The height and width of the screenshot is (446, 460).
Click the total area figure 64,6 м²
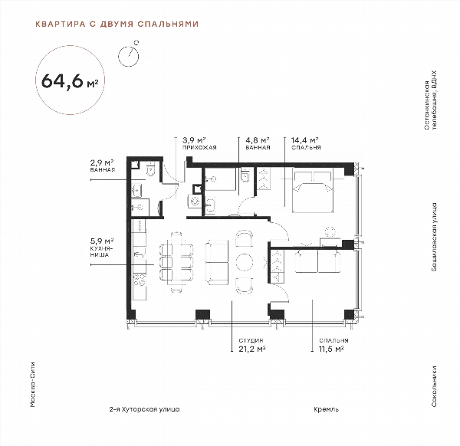click(70, 81)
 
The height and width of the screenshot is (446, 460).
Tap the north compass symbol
click(129, 55)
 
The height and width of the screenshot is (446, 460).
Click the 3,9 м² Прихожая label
click(199, 143)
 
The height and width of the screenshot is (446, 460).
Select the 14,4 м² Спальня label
click(306, 143)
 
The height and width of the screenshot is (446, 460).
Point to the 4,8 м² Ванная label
click(258, 143)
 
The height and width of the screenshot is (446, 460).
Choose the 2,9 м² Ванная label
click(102, 166)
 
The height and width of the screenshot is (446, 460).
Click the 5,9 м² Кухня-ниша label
click(102, 248)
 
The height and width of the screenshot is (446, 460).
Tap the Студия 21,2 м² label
click(252, 345)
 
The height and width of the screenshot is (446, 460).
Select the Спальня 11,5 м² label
click(333, 345)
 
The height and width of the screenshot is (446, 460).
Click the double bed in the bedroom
click(313, 191)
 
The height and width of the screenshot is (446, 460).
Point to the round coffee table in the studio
click(245, 262)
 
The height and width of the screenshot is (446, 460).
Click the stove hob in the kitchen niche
click(140, 280)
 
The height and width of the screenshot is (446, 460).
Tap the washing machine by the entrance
click(195, 202)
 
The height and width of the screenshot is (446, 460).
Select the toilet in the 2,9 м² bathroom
click(151, 170)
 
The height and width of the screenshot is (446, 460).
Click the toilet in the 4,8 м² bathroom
click(245, 176)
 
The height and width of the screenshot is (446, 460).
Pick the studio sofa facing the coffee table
click(217, 262)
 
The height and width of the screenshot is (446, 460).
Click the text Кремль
click(327, 409)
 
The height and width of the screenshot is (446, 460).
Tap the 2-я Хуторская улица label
click(144, 409)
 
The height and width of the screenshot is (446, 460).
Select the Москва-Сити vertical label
click(33, 385)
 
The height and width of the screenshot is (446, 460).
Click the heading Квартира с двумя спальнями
click(117, 24)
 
